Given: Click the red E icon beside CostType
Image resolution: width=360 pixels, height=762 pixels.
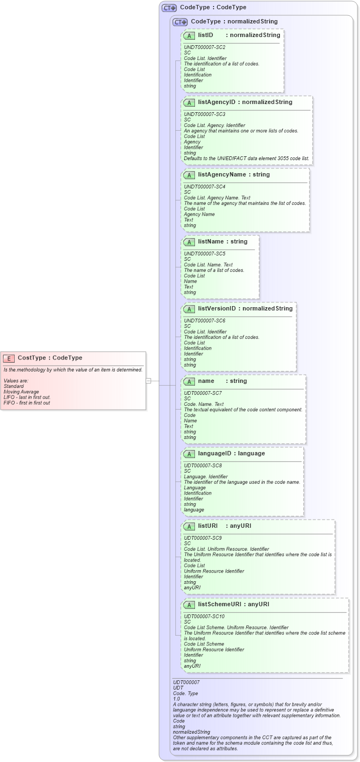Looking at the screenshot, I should [x=9, y=358].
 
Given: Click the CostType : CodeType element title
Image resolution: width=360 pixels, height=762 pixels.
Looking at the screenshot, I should [x=50, y=358].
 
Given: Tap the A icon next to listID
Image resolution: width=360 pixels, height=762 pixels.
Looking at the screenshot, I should [x=190, y=35].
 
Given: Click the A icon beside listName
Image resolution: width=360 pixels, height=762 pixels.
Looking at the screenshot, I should [x=190, y=242].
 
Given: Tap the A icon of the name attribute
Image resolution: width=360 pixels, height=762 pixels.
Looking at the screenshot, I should [x=190, y=381].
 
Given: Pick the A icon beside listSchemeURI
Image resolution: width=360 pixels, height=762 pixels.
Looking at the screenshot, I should [x=190, y=605].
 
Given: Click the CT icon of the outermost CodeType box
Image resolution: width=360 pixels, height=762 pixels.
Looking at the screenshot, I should [x=169, y=8].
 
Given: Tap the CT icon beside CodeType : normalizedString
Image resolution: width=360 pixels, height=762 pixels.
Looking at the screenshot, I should [x=180, y=22].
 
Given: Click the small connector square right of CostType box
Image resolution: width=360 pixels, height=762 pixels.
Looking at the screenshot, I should [x=148, y=381].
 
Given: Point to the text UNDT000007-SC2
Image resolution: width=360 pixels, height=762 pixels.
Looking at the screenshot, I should [x=204, y=47].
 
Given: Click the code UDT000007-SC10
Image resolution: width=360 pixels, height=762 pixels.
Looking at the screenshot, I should [x=205, y=616].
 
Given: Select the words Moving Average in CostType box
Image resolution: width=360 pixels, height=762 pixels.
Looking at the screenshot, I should [x=21, y=392].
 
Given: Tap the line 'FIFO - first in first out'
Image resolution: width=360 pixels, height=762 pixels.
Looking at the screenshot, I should [x=27, y=403].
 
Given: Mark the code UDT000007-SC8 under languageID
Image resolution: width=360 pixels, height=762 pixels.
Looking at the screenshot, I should [x=203, y=466].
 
